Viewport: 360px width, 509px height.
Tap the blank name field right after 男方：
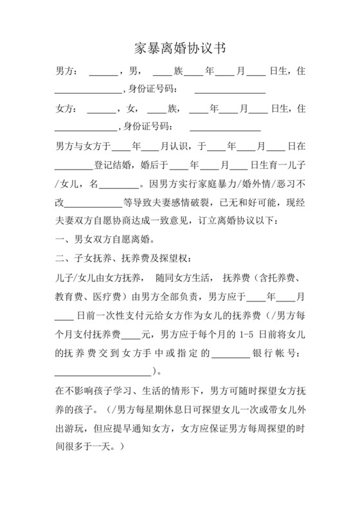click(x=102, y=72)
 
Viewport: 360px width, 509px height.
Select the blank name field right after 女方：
click(x=101, y=109)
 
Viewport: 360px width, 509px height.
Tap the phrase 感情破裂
click(x=192, y=203)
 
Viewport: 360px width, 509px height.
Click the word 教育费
click(x=69, y=297)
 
